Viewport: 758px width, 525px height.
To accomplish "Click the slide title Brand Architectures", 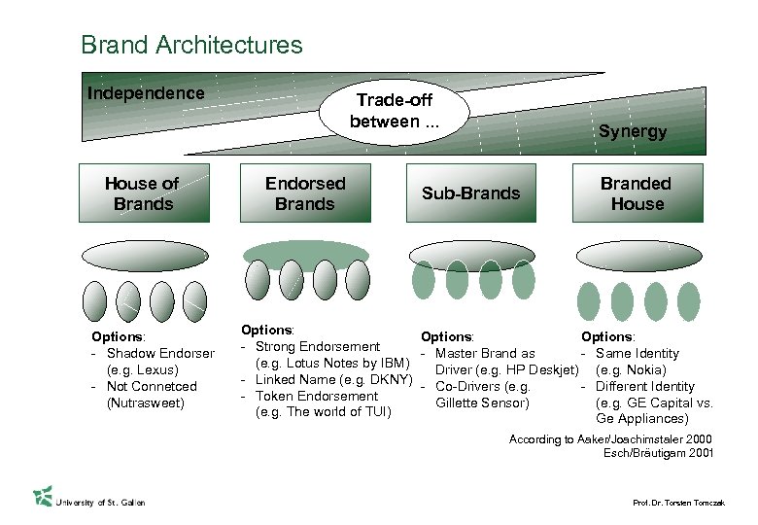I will point(191,45).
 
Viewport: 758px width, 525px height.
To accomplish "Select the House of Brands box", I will point(143,193).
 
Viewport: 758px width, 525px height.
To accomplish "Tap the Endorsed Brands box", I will point(304,193).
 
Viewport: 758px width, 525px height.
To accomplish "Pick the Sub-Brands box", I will point(471,193).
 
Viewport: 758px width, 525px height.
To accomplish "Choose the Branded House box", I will point(637,193).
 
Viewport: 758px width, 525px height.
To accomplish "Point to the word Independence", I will point(146,93).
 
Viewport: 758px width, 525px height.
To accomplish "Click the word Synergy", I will point(633,131).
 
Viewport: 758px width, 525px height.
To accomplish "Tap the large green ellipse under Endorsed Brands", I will point(306,255).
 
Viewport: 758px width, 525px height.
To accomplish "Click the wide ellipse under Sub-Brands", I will point(471,255).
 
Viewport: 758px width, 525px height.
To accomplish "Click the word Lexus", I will point(157,370).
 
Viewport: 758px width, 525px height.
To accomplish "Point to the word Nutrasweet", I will point(146,403).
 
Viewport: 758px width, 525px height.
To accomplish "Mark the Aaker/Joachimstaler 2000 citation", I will point(611,439).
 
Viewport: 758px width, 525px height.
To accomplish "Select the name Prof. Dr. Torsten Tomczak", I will point(679,502).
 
